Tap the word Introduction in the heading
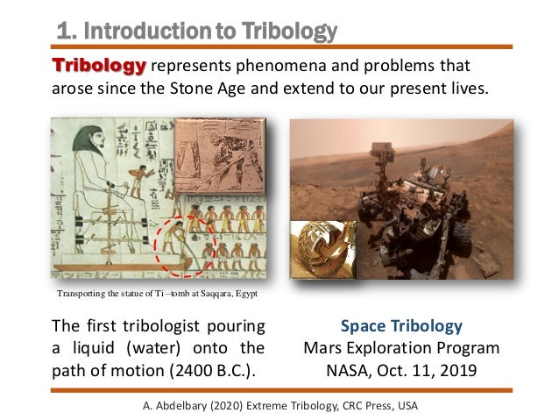tap(144, 32)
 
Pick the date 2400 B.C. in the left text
tap(210, 369)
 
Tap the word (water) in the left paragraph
tap(152, 348)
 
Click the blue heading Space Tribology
tap(401, 327)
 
